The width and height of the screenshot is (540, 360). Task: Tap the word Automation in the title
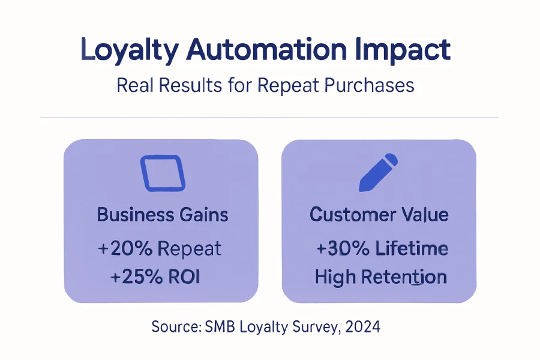click(x=266, y=49)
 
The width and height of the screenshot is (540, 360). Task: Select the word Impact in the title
click(x=403, y=50)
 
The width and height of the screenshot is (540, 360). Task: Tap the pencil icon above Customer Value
click(x=378, y=173)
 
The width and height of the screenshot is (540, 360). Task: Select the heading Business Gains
click(x=163, y=214)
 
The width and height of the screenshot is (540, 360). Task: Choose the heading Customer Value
click(x=379, y=214)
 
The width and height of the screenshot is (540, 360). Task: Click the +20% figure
click(x=125, y=248)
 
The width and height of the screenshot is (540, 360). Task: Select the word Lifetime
click(x=412, y=248)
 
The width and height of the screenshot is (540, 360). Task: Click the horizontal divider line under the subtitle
click(x=269, y=118)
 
